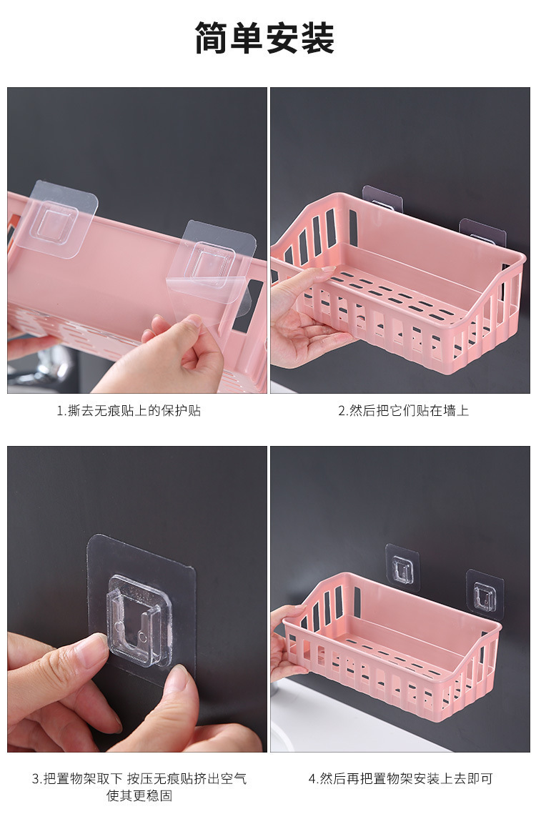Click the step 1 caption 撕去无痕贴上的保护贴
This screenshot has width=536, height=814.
[x=129, y=411]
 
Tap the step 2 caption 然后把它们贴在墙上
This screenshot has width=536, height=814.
[x=403, y=411]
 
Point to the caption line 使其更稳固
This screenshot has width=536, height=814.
[x=139, y=795]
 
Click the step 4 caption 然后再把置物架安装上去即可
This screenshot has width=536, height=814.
[x=400, y=779]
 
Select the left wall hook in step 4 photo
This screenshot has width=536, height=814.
[x=402, y=567]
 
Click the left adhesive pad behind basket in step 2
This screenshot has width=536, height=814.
[x=382, y=198]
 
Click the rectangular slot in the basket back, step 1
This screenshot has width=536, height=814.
[x=247, y=307]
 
